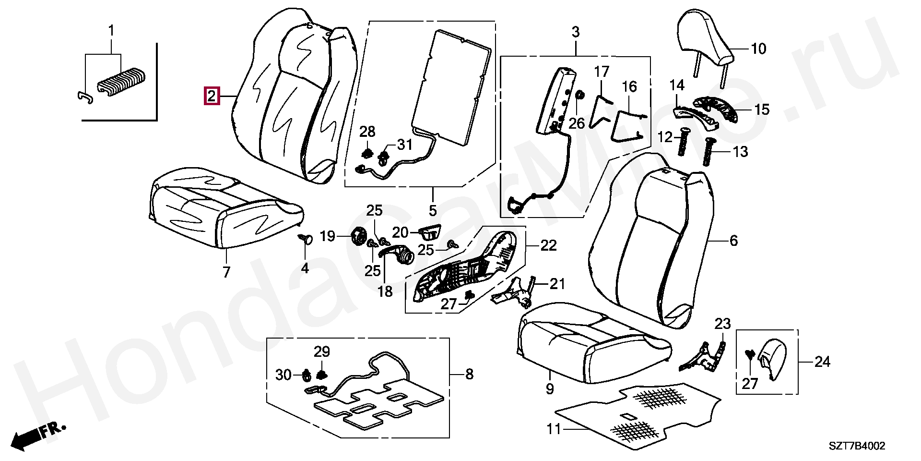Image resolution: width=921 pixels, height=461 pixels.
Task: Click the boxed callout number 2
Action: [x=212, y=96]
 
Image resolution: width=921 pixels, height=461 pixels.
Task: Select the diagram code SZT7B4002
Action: [x=857, y=447]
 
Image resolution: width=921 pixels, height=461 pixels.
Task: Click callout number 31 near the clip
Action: [x=404, y=144]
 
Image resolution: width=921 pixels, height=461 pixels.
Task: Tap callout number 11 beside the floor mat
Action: [x=554, y=428]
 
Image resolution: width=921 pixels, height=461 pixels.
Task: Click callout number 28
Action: [x=367, y=132]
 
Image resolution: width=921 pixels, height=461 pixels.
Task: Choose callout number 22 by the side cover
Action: [x=548, y=245]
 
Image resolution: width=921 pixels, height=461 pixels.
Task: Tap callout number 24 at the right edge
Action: [x=822, y=362]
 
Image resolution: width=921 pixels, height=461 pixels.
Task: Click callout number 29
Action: [x=322, y=352]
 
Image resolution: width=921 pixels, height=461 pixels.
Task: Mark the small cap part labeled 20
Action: [x=430, y=233]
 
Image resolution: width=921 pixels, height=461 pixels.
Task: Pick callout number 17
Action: [x=602, y=72]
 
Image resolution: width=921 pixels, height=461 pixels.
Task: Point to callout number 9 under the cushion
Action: [x=550, y=389]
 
